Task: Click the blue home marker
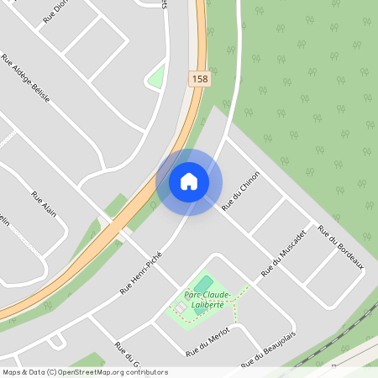click(x=189, y=181)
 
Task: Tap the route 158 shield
click(x=199, y=79)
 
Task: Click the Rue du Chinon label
click(x=241, y=191)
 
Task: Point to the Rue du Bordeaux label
click(x=340, y=248)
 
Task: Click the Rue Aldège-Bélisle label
click(x=26, y=78)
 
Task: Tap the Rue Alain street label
click(x=42, y=206)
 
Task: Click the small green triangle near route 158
click(x=156, y=77)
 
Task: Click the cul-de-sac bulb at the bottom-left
click(x=57, y=341)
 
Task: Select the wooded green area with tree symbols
click(x=311, y=101)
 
